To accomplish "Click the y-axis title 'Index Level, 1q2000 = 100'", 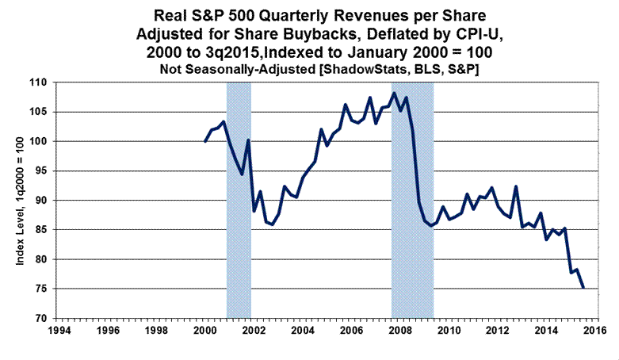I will [x=17, y=200].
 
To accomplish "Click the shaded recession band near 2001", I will [x=239, y=198].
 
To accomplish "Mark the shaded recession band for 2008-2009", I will [x=412, y=198].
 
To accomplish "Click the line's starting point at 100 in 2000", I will [x=205, y=141].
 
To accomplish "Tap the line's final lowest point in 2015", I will [x=583, y=288].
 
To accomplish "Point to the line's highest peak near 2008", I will [x=394, y=94].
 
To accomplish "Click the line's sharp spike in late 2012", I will [x=516, y=186].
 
